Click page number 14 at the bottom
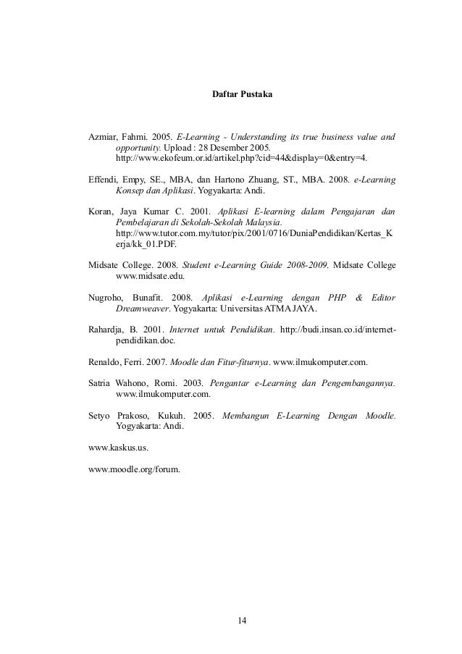tap(243, 620)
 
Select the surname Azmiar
tap(103, 135)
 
